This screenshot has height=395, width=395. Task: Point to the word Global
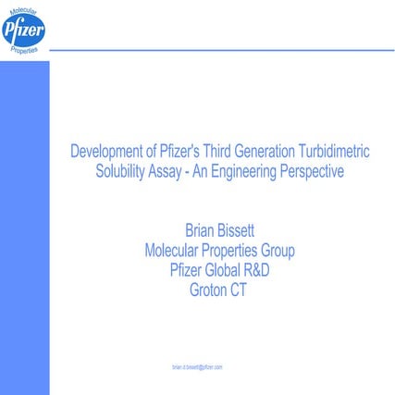218,269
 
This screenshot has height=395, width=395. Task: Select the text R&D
255,269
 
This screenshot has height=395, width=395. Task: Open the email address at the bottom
197,367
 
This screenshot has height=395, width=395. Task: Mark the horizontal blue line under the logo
222,50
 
